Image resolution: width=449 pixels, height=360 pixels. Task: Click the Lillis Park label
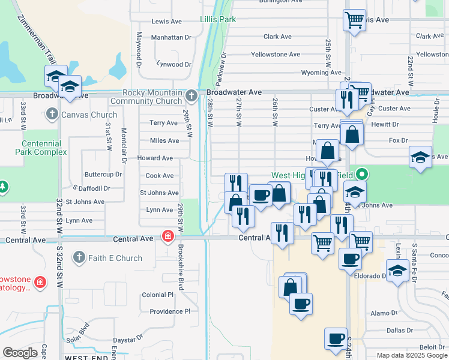tap(218, 19)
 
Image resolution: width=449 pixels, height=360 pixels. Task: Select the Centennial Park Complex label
tap(41, 148)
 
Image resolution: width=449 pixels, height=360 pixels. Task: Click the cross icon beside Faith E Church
tap(79, 258)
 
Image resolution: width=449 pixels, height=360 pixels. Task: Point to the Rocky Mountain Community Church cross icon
tap(191, 95)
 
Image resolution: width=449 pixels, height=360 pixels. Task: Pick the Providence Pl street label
tap(170, 311)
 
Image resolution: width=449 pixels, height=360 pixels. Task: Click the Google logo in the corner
tap(20, 353)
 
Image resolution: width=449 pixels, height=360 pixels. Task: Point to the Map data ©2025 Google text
tap(411, 355)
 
